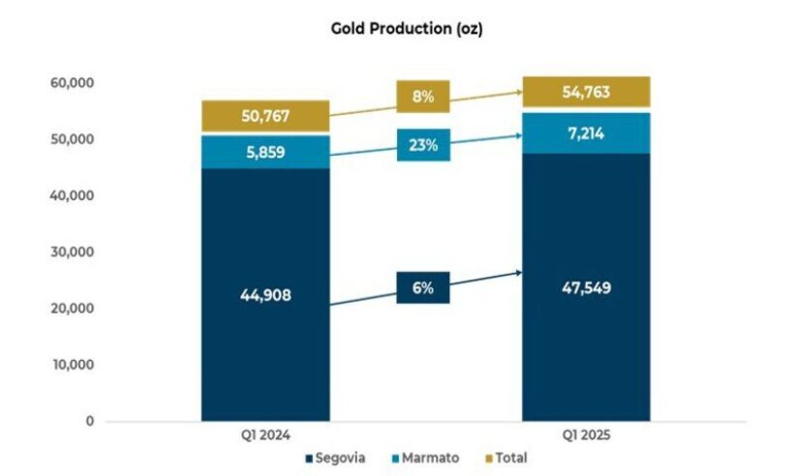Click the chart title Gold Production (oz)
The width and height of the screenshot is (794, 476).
tap(407, 29)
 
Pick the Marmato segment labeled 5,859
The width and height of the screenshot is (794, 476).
tap(265, 152)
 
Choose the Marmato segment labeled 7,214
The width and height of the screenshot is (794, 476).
tap(586, 133)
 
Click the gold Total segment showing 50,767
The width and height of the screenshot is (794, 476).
tap(265, 117)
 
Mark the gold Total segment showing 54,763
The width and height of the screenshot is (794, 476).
tap(586, 92)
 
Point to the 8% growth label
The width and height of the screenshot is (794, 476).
tap(422, 97)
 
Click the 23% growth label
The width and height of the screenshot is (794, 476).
tap(422, 146)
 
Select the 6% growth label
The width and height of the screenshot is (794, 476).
tap(422, 287)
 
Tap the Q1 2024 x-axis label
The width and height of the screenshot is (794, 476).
tap(265, 435)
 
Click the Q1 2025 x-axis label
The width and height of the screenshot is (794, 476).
tap(586, 435)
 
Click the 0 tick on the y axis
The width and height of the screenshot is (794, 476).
tap(88, 422)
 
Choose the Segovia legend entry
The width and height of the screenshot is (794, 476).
tap(335, 458)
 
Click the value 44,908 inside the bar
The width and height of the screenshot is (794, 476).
tap(265, 295)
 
